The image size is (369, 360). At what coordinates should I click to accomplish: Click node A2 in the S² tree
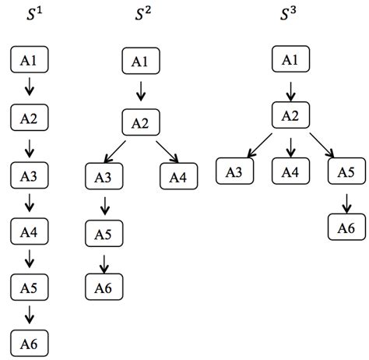[x=141, y=122]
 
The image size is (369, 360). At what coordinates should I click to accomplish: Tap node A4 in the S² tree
[x=178, y=178]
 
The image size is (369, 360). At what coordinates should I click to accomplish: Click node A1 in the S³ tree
[x=290, y=61]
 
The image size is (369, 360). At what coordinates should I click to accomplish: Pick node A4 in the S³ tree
[x=290, y=171]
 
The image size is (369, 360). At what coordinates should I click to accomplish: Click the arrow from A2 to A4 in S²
[x=167, y=151]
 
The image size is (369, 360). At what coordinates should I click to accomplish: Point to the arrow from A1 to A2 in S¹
[x=30, y=88]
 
